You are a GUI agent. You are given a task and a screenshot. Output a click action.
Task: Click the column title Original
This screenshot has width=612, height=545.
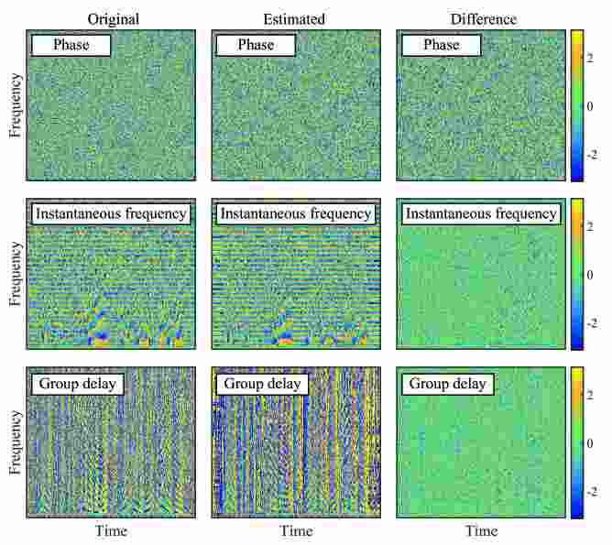tap(113, 18)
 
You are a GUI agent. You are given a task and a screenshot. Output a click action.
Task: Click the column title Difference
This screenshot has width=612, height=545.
tap(483, 18)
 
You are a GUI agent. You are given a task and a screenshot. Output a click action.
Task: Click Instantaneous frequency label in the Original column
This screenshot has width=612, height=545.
tap(111, 213)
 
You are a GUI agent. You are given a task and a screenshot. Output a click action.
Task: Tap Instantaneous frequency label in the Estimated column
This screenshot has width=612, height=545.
tap(296, 213)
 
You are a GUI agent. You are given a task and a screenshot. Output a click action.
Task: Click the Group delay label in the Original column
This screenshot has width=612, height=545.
tap(79, 383)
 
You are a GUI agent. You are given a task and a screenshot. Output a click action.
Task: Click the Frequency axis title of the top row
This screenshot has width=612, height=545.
tap(16, 105)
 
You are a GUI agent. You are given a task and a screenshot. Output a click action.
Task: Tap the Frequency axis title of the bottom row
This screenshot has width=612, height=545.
tap(16, 442)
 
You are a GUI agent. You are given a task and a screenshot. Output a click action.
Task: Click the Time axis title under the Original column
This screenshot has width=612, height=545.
tap(112, 531)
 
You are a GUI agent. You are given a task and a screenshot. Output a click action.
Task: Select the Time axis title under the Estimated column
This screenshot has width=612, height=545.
tap(296, 531)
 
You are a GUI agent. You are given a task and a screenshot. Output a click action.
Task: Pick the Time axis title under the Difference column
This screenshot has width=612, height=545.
tap(482, 531)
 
